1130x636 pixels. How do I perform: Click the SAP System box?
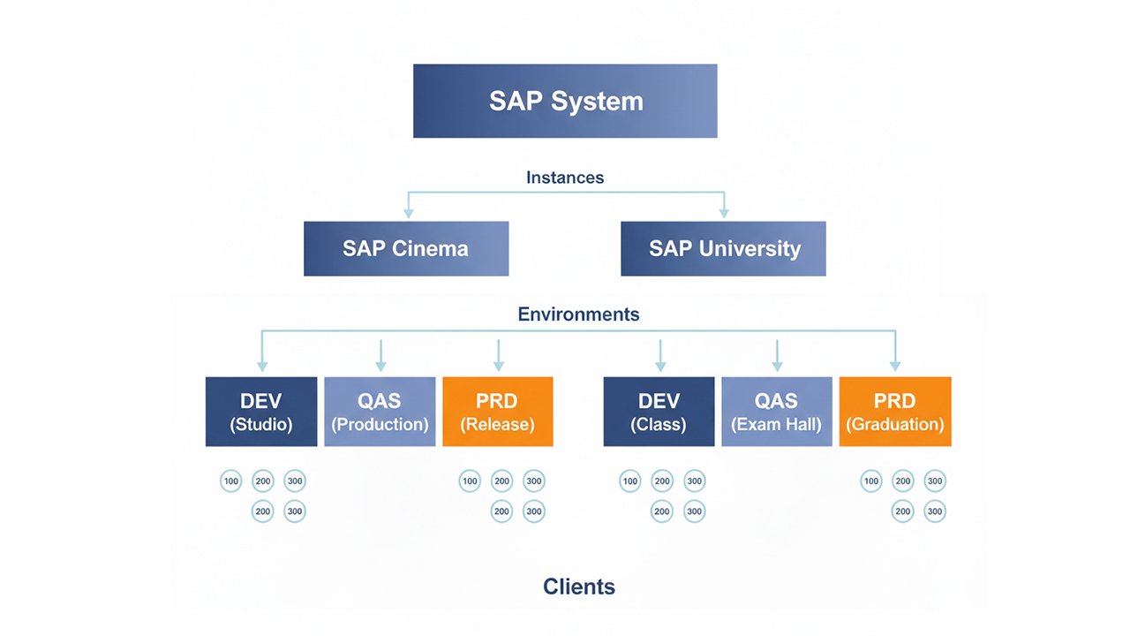[565, 101]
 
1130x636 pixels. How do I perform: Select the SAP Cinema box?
[406, 248]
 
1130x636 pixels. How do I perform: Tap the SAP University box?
[724, 248]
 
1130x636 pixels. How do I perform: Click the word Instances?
[565, 178]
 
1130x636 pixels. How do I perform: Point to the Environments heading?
[578, 314]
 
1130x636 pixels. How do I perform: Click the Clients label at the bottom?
[579, 587]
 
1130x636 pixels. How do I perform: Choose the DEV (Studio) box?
[261, 412]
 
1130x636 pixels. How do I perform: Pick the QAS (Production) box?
[380, 412]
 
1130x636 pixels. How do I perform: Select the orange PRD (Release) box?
[498, 412]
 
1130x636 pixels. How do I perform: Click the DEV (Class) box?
[659, 412]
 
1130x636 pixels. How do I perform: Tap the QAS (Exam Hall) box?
[777, 412]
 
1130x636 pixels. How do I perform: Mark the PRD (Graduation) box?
[895, 412]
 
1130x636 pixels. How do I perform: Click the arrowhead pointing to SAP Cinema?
[408, 213]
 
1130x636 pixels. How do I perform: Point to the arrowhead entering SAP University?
[724, 213]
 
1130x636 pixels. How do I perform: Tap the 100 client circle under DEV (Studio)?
[231, 481]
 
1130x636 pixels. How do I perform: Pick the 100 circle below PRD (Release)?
[470, 481]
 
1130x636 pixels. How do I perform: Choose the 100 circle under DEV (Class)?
[629, 481]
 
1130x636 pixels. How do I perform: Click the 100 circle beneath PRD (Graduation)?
[871, 481]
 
